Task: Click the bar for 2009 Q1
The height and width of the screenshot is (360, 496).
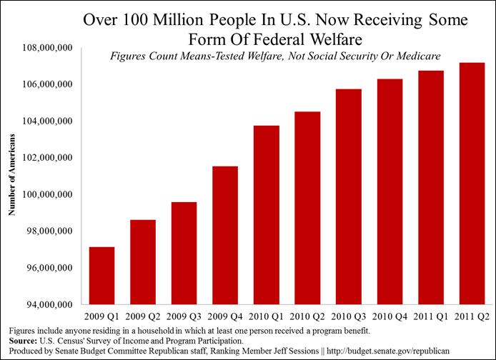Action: (101, 276)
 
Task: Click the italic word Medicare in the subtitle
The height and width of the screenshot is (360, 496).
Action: (405, 56)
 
